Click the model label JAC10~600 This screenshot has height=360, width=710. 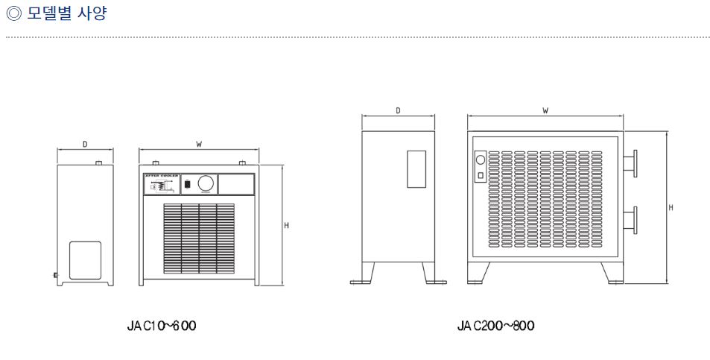(x=162, y=326)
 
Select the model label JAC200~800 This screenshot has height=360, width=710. (x=495, y=326)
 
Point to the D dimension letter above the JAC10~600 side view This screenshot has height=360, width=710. (x=85, y=144)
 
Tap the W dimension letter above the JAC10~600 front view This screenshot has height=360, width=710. (x=199, y=144)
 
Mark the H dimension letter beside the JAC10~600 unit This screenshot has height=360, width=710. (x=287, y=225)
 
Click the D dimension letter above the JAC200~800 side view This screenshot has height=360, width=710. (x=398, y=110)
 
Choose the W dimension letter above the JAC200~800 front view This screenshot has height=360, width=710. (x=545, y=110)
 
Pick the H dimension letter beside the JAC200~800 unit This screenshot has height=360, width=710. (x=671, y=207)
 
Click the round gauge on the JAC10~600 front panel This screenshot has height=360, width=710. (x=206, y=183)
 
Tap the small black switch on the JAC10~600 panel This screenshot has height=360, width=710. (x=188, y=183)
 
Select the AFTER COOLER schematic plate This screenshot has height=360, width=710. (x=160, y=184)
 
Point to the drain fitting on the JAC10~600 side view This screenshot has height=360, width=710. (x=57, y=276)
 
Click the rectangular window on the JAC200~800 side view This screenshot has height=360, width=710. (x=416, y=169)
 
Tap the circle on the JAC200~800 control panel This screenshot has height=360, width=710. (x=480, y=160)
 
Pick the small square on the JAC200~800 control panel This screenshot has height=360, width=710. (x=480, y=175)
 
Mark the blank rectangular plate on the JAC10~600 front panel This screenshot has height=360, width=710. (x=236, y=184)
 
